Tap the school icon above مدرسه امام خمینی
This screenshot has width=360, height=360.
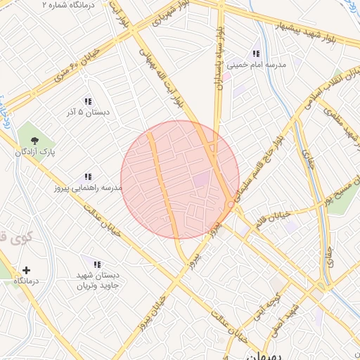(256, 53)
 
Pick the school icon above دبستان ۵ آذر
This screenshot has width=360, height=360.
(88, 101)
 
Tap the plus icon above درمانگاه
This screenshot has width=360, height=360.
(26, 270)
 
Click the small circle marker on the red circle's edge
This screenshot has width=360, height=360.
(232, 204)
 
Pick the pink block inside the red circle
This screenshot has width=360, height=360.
(201, 180)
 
